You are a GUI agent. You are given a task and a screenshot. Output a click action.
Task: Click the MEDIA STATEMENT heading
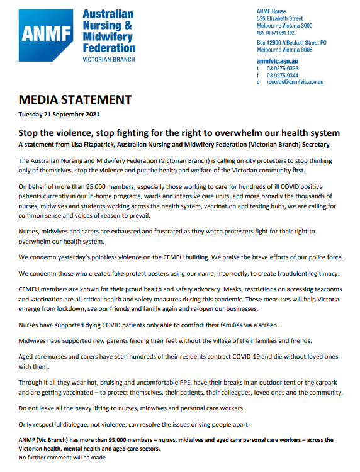(75, 100)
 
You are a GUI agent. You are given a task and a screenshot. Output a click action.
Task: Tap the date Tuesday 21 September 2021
(59, 115)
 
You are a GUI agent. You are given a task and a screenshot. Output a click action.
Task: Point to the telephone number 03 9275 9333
(282, 68)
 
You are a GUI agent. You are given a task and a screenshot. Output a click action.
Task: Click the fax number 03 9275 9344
(282, 75)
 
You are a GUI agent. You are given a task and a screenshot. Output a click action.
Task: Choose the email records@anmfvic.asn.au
(294, 82)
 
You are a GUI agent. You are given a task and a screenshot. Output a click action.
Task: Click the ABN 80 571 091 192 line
(284, 32)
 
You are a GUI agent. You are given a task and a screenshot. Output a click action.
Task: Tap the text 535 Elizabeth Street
(284, 18)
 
